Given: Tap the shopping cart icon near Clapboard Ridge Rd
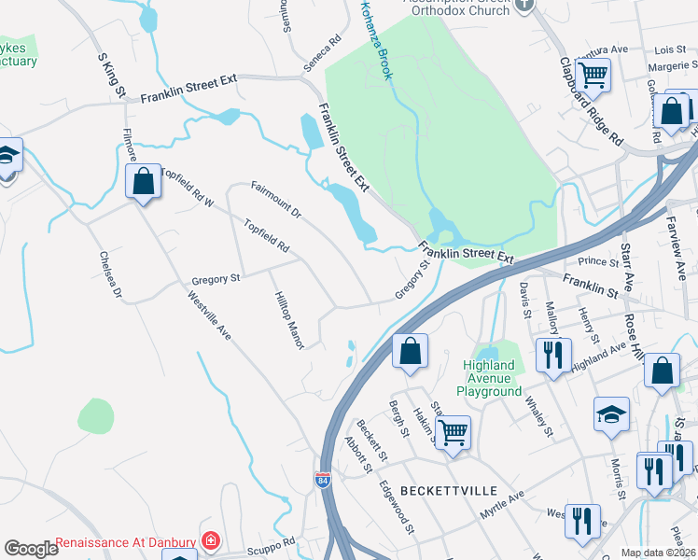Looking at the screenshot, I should (x=593, y=73).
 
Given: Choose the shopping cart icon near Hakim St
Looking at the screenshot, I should (x=453, y=431).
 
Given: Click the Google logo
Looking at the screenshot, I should (x=31, y=548).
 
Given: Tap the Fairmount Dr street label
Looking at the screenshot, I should (x=276, y=200).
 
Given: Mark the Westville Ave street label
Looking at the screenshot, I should (x=209, y=316).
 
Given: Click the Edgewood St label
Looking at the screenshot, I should (x=398, y=507).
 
